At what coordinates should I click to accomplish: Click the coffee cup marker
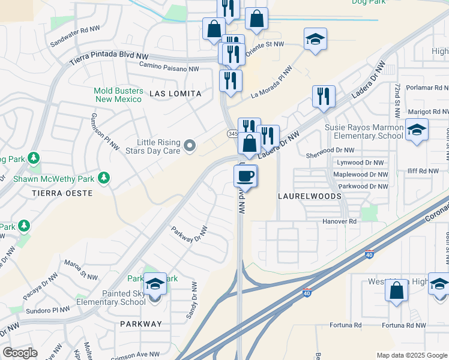point(246,176)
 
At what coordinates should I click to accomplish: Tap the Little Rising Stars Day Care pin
point(190,146)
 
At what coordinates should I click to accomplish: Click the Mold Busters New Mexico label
point(119,95)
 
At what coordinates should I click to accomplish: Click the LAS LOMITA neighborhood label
point(175,94)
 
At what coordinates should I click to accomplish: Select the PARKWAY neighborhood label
point(141,324)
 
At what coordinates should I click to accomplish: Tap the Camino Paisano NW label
point(169,68)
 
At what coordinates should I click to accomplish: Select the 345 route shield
point(232,133)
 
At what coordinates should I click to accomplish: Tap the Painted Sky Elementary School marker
point(155,286)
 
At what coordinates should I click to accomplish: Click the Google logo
point(20,353)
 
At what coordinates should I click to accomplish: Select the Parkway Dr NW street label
point(189,235)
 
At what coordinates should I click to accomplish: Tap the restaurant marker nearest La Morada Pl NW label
point(231,80)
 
